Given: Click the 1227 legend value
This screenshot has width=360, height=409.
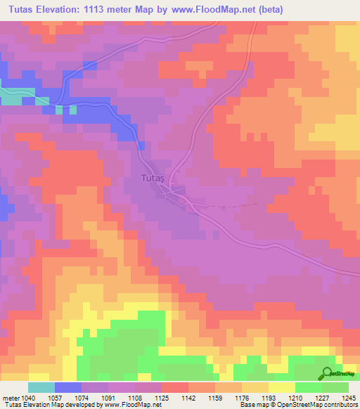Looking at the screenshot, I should [x=321, y=397].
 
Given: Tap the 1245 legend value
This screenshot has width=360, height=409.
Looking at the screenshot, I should [x=347, y=397].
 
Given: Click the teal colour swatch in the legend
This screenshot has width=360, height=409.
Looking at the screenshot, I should [x=41, y=387].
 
